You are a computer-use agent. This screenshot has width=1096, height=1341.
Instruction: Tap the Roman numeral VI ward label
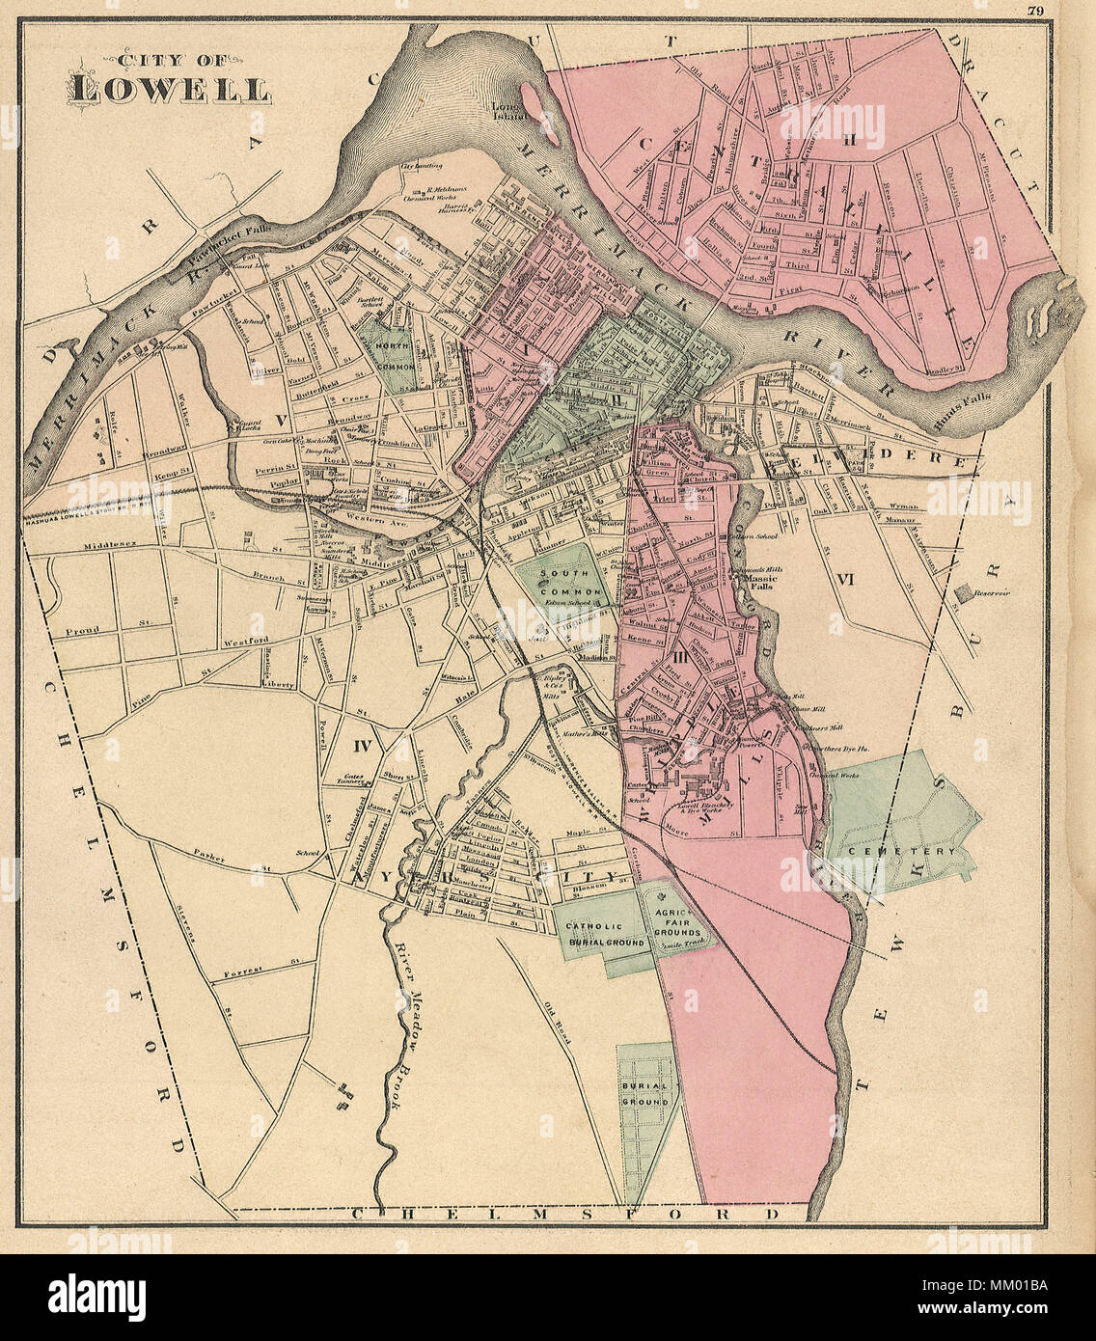[x=847, y=580]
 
